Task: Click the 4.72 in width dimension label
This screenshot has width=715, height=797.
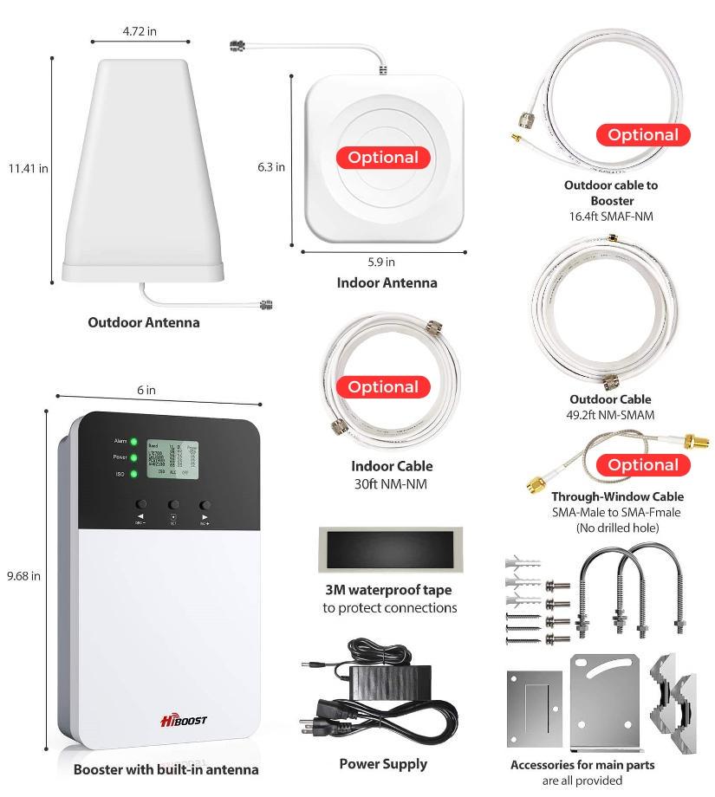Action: tap(140, 31)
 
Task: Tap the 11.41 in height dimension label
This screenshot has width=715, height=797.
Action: tap(29, 168)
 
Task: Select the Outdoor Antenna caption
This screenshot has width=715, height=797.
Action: tap(144, 322)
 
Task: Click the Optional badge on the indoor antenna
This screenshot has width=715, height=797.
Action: tap(383, 158)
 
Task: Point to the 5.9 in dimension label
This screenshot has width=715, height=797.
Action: tap(381, 262)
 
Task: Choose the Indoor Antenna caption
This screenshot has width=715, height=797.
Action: tap(387, 282)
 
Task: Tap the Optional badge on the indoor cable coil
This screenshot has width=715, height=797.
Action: tap(383, 387)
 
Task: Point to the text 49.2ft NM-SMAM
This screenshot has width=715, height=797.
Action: tap(610, 415)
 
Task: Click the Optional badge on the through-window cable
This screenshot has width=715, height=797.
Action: tap(642, 465)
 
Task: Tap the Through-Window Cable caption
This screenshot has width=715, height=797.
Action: tap(617, 496)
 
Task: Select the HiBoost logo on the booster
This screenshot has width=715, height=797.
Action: tap(183, 721)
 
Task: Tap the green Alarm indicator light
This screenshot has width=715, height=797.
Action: tap(134, 442)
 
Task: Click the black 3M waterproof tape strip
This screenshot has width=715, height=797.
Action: tap(391, 550)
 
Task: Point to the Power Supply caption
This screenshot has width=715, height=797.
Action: tap(383, 763)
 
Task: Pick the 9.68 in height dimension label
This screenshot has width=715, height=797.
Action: tap(23, 575)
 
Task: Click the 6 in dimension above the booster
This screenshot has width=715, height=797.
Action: tap(146, 391)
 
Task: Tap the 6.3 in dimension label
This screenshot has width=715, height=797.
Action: tap(270, 167)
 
